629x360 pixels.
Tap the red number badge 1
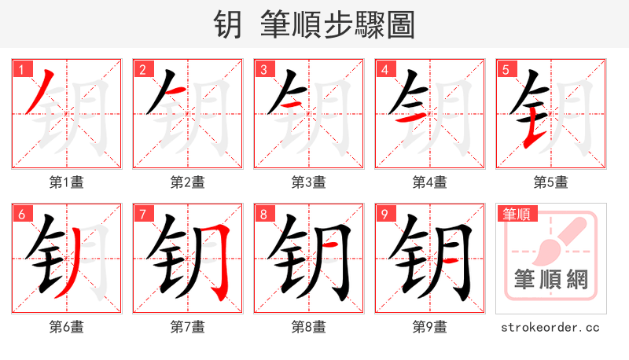coord(20,70)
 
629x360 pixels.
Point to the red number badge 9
coord(383,214)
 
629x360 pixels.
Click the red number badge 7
coord(141,214)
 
